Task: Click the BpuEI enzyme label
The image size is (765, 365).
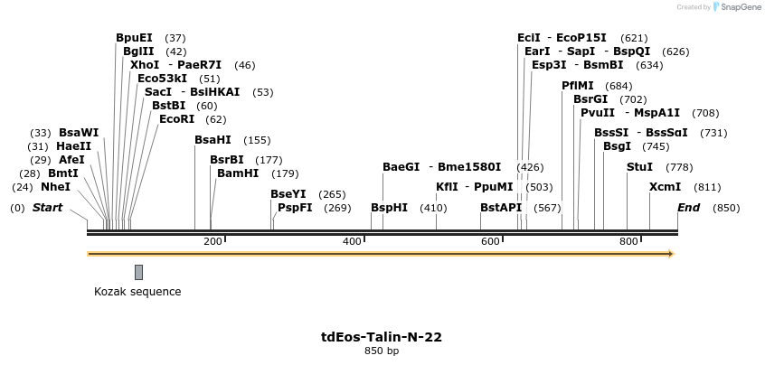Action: pos(134,38)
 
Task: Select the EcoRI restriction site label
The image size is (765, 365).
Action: pos(176,119)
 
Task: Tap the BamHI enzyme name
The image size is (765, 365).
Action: pos(239,173)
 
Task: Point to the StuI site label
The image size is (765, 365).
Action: pos(639,167)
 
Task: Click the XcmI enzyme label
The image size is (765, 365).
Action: pos(665,187)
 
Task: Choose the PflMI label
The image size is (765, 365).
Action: pos(577,86)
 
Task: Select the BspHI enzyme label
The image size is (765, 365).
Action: pos(390,208)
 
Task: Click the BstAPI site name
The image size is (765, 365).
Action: pos(501,208)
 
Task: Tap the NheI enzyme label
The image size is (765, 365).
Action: pos(55,187)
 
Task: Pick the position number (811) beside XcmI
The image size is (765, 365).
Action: pos(707,187)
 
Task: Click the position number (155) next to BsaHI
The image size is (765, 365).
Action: pos(257,140)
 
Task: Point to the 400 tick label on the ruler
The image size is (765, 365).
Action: pos(352,241)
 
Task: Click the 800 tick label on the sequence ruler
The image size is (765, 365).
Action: pos(628,241)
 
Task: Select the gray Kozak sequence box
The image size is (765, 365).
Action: pos(138,272)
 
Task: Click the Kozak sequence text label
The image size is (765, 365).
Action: pos(137,292)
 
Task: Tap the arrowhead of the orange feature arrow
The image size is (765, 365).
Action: pos(670,254)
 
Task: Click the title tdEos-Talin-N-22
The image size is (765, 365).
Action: pos(382,337)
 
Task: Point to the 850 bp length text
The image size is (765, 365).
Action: pos(382,351)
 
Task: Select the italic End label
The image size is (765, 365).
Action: pos(689,208)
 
